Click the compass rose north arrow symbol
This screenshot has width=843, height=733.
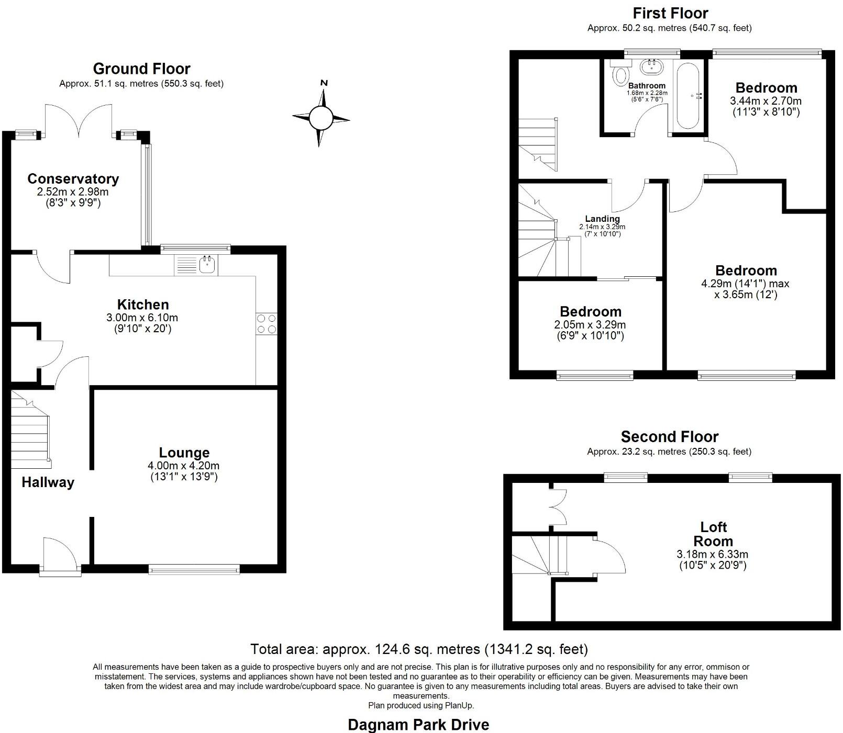tap(321, 117)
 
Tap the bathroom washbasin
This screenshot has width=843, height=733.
tap(652, 66)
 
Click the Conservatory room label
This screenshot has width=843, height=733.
tap(73, 179)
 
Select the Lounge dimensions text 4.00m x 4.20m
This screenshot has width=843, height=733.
tap(184, 466)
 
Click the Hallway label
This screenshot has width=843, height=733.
tap(48, 482)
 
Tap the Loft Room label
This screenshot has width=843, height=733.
tap(713, 534)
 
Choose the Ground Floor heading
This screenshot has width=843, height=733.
tap(141, 69)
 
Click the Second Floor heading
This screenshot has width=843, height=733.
tap(670, 436)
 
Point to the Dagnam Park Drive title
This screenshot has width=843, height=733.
tap(419, 725)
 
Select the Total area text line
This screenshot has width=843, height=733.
tap(419, 649)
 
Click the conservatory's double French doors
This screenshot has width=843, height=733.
tap(79, 120)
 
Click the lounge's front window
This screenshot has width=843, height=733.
tap(194, 569)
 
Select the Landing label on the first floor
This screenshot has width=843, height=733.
tap(603, 219)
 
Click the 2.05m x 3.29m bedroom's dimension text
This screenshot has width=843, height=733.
tap(590, 325)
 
